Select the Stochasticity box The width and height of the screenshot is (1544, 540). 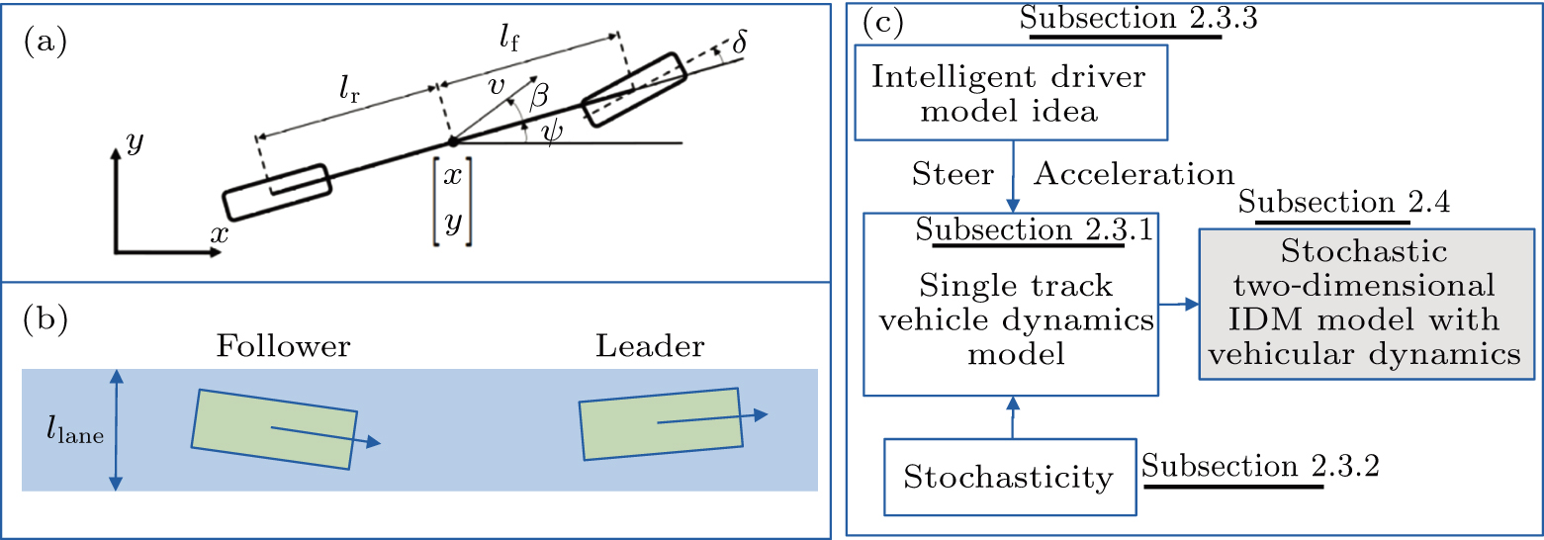pos(1008,479)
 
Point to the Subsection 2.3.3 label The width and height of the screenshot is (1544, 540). pos(1123,20)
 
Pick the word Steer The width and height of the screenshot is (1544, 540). pos(953,174)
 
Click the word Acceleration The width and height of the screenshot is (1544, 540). pos(1134,174)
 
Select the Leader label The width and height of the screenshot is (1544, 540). pos(650,347)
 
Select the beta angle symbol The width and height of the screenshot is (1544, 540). pos(538,96)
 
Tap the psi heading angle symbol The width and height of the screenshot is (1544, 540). pos(552,132)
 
